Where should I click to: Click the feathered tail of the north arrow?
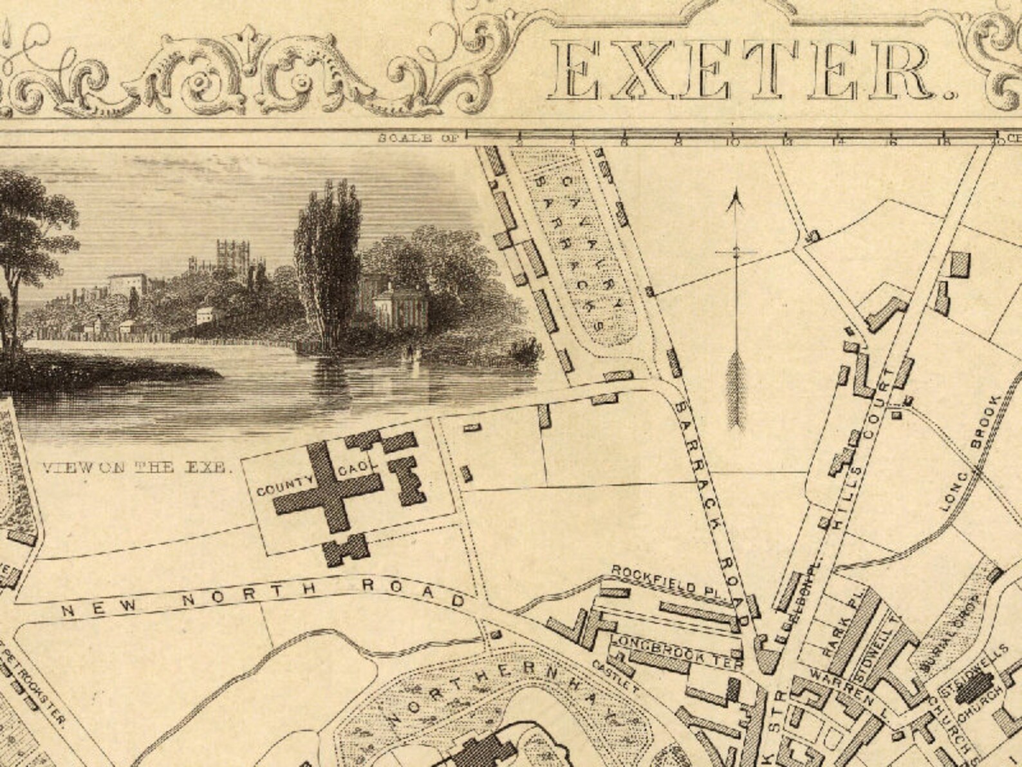(x=736, y=393)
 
